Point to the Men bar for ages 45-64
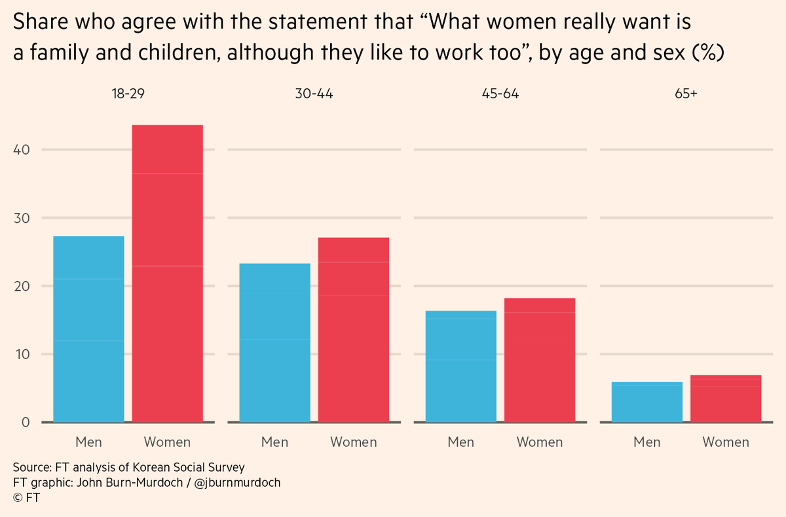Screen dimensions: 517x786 460,366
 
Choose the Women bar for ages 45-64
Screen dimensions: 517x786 540,360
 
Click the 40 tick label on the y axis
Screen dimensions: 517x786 24,149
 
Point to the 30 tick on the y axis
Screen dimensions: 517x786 24,218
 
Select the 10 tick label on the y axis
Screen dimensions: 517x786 24,354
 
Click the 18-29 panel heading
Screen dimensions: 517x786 128,94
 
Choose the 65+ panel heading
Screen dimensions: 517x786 686,94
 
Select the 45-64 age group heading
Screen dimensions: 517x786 500,94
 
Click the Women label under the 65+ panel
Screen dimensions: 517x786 726,442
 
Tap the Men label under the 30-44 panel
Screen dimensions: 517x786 274,442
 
